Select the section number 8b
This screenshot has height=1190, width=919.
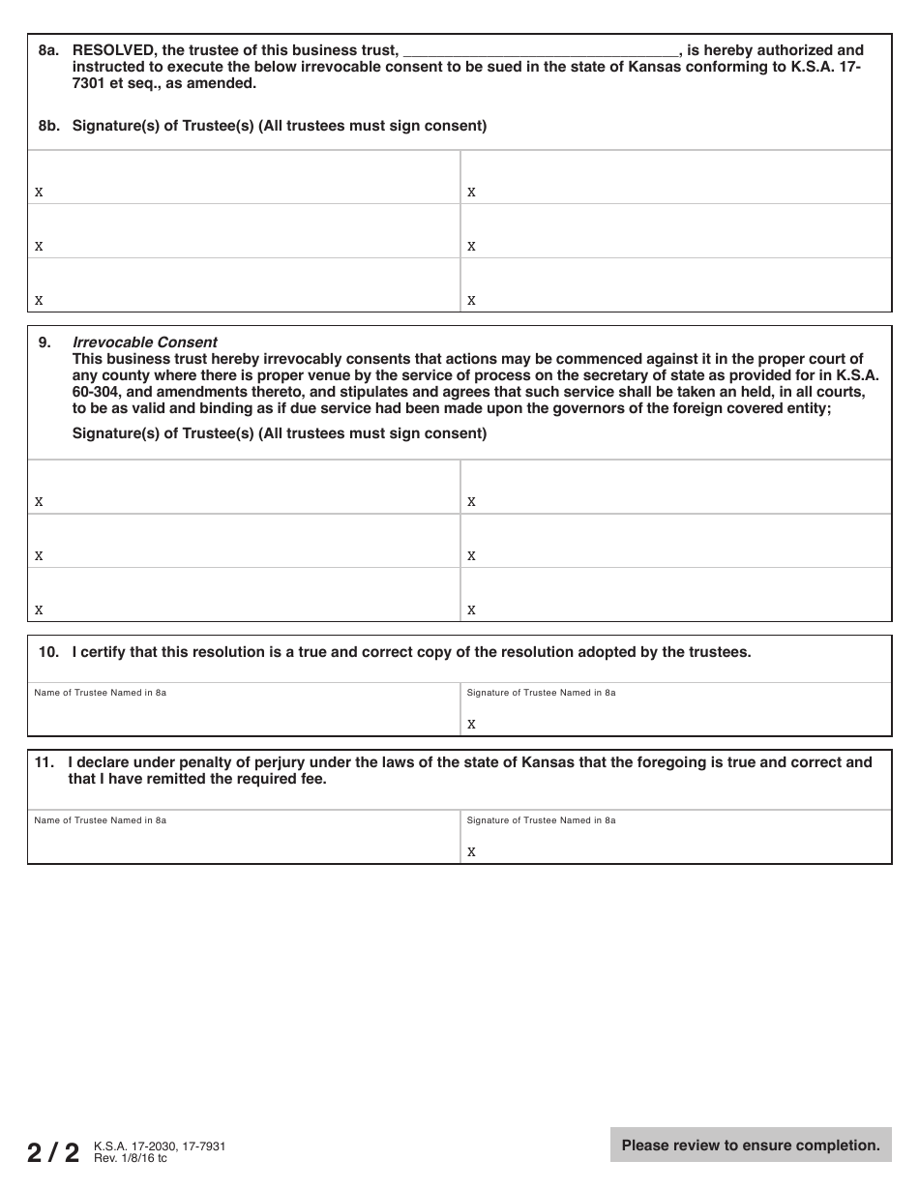(x=49, y=126)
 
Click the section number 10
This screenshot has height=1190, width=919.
(x=48, y=652)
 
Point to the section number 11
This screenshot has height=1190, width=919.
(x=44, y=762)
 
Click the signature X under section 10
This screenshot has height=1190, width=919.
(x=472, y=724)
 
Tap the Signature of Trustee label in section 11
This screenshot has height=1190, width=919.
(x=541, y=820)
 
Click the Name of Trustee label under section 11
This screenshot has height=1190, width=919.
(x=100, y=820)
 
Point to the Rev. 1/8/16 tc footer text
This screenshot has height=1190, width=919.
(x=131, y=1158)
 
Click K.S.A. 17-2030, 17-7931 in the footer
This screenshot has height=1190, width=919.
(x=160, y=1146)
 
